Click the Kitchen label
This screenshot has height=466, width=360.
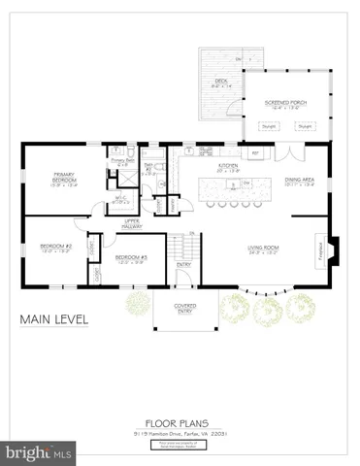click(228, 166)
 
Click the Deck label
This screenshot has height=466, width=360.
click(220, 83)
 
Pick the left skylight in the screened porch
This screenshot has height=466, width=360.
click(268, 125)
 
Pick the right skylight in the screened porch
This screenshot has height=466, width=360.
click(305, 125)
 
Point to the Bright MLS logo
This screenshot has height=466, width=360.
click(39, 452)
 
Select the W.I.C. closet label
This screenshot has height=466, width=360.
click(121, 202)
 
